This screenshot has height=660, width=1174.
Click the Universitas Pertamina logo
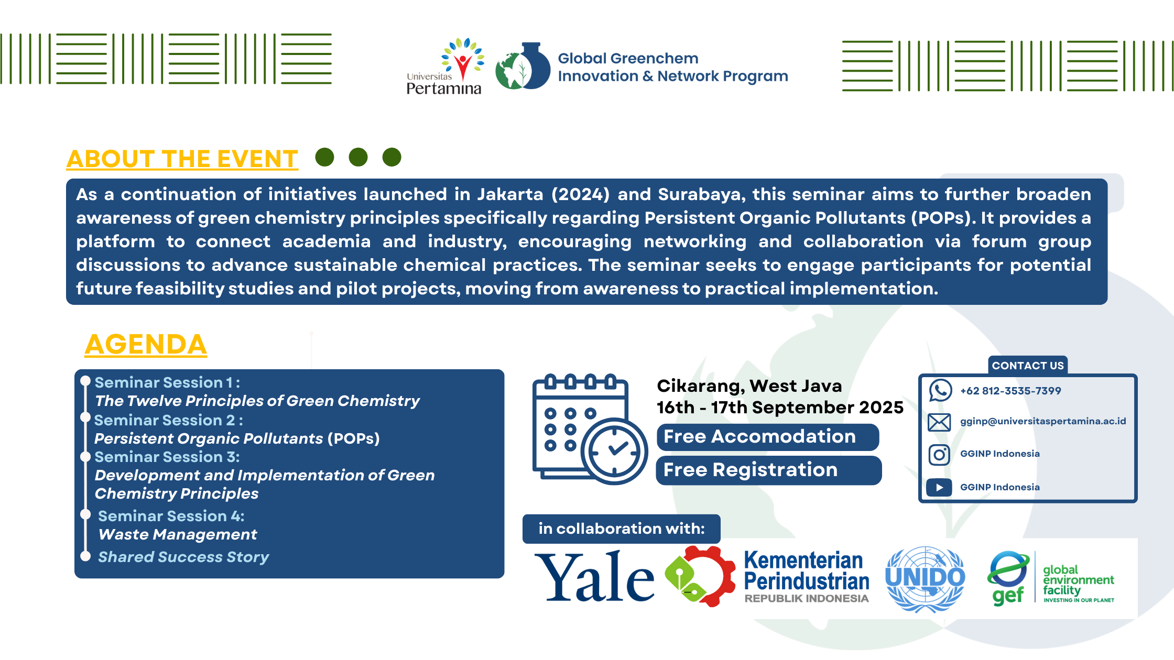(x=444, y=66)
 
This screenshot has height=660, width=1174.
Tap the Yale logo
(x=594, y=577)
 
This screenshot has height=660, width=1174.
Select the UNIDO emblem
(x=925, y=579)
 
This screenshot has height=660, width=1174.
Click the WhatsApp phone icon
(x=940, y=391)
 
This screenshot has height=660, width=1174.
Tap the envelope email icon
(x=939, y=422)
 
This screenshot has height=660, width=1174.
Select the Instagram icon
(x=939, y=455)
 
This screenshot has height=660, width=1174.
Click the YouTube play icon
(x=939, y=488)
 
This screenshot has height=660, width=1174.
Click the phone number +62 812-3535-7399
(x=1010, y=391)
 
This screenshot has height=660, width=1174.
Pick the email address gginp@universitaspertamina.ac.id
(x=1043, y=421)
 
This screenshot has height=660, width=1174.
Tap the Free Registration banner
(x=769, y=470)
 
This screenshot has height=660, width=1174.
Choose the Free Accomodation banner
(x=768, y=437)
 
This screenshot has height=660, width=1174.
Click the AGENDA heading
(x=146, y=345)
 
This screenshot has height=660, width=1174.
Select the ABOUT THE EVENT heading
(x=182, y=159)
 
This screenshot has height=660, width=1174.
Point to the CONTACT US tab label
(x=1028, y=366)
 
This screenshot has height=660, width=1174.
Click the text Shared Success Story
(x=183, y=557)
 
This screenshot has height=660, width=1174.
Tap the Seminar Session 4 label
(x=171, y=516)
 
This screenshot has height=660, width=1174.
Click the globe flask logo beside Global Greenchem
(x=523, y=66)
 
